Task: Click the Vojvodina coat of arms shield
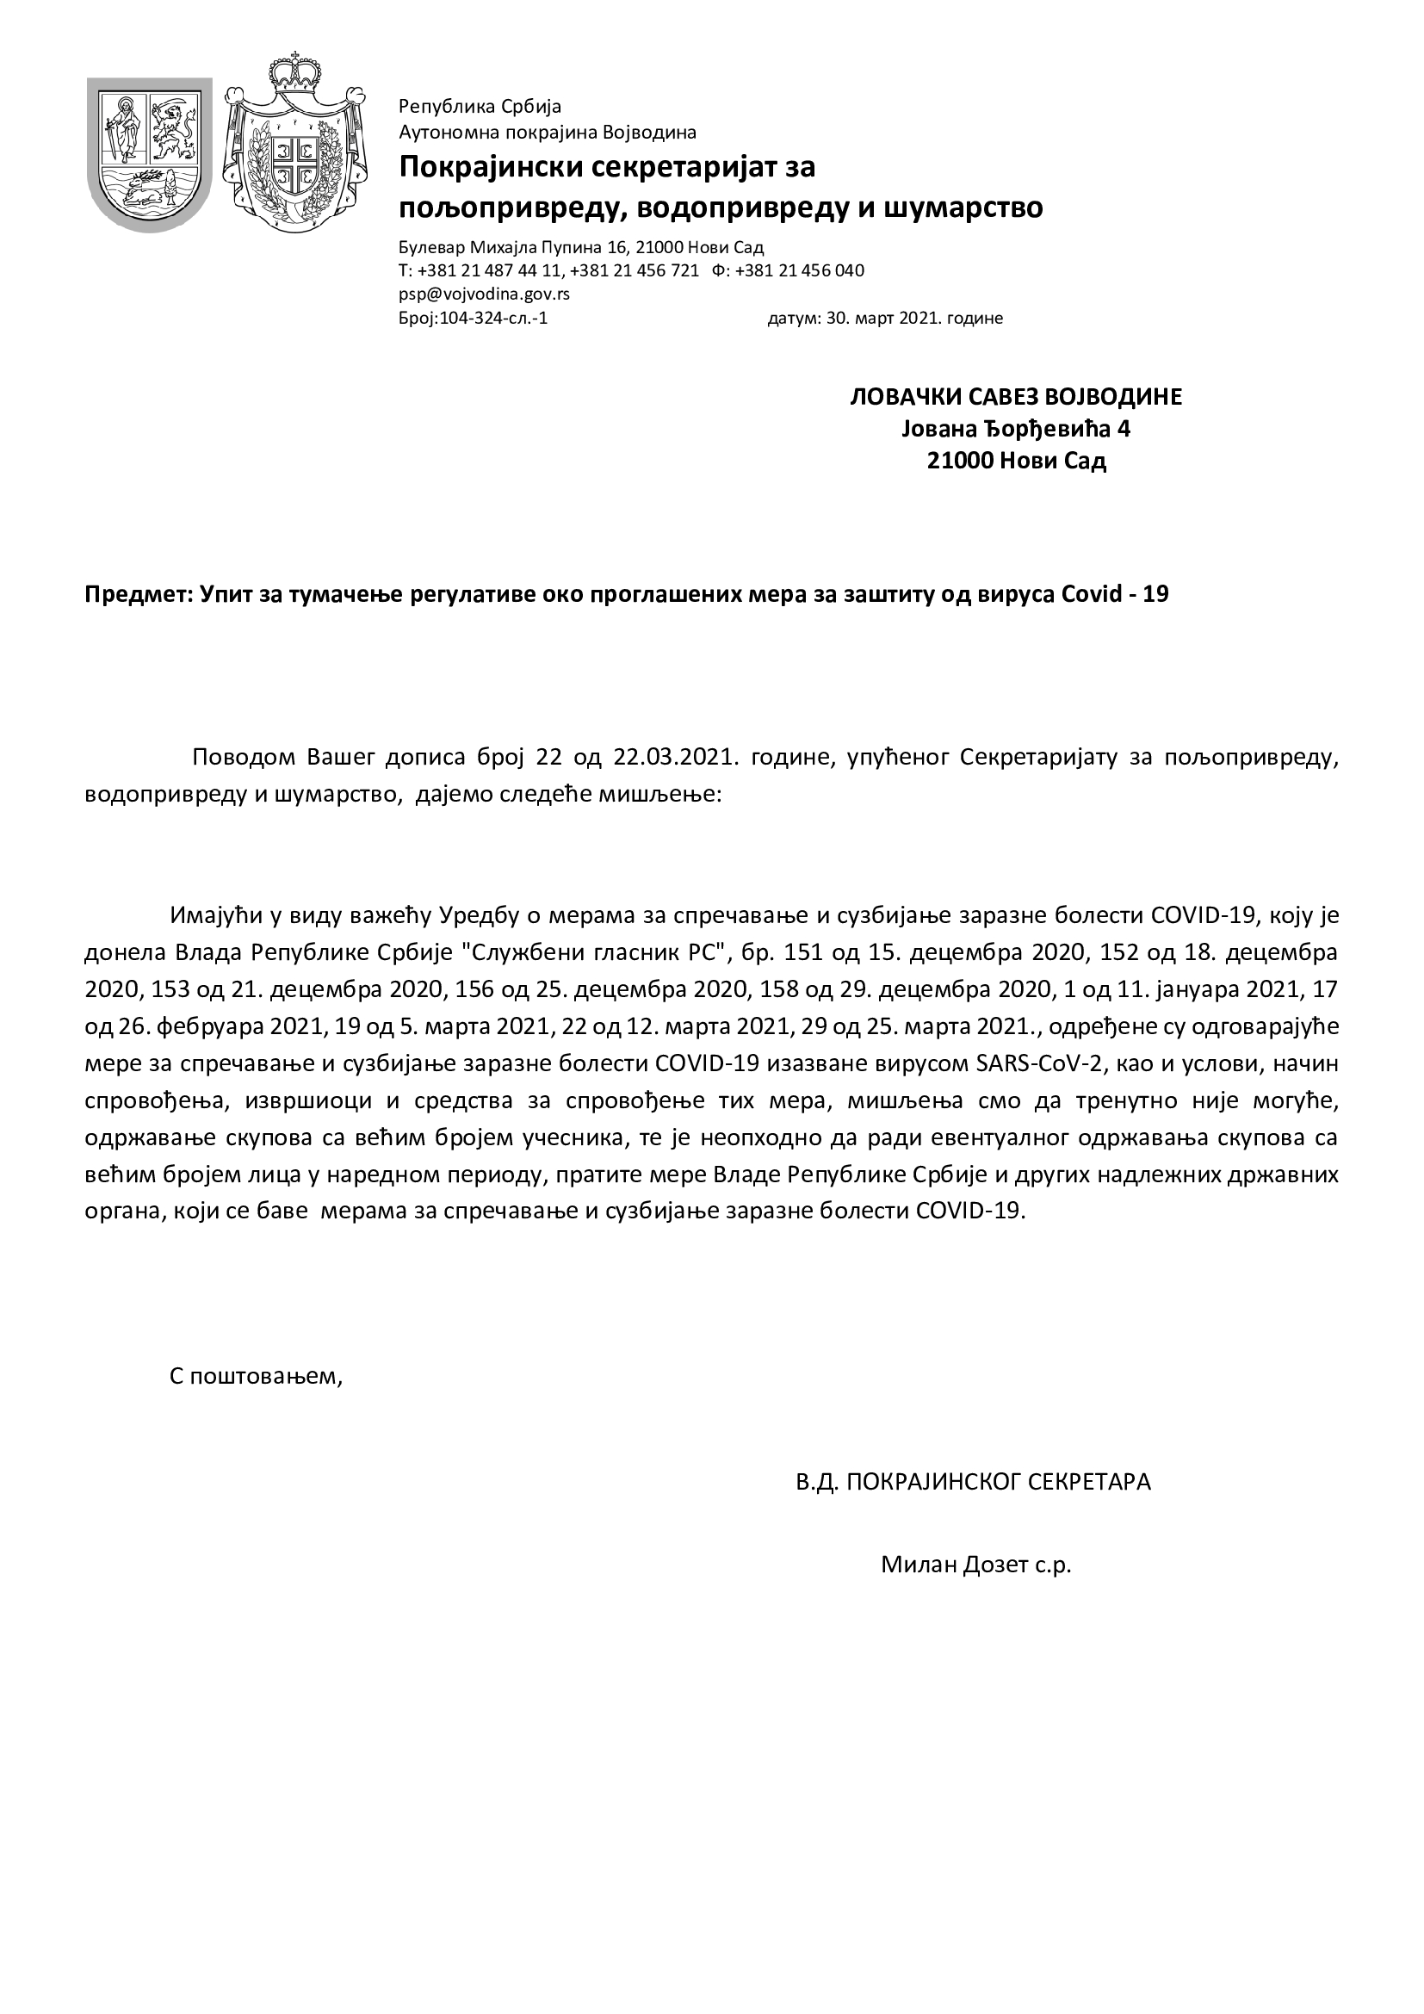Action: pos(149,153)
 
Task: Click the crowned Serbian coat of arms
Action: pos(294,145)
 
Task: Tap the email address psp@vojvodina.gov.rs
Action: pos(484,294)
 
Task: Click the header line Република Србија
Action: pos(480,107)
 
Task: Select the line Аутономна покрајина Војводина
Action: pos(548,133)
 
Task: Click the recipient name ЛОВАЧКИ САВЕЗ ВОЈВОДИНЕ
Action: pos(1016,396)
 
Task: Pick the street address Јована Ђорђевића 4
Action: pos(1016,429)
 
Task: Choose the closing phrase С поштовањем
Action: pos(254,1375)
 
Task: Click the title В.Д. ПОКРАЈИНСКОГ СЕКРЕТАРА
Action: pos(972,1482)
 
